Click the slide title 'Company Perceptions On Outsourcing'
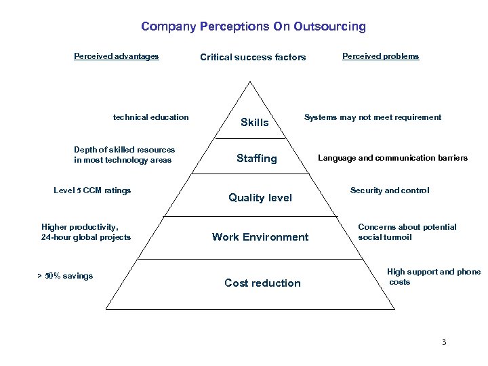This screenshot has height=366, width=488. (253, 27)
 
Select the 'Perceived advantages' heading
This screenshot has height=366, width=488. (116, 56)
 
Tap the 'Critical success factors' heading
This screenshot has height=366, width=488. (253, 58)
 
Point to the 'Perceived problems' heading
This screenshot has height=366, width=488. (380, 56)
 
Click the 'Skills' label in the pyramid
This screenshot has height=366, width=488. (255, 123)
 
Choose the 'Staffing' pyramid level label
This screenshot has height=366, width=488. (256, 159)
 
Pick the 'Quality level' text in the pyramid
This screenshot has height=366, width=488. (260, 198)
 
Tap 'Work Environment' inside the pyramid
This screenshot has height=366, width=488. (260, 237)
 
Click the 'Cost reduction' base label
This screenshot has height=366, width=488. (262, 283)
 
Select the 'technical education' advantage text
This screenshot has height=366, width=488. (150, 117)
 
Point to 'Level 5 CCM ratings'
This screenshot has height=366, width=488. (92, 190)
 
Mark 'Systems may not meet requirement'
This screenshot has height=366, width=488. (372, 117)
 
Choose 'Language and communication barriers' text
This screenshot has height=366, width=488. (392, 158)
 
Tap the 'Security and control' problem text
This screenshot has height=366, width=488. (389, 190)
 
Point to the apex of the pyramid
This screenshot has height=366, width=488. (251, 83)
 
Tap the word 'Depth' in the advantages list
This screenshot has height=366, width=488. (85, 150)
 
